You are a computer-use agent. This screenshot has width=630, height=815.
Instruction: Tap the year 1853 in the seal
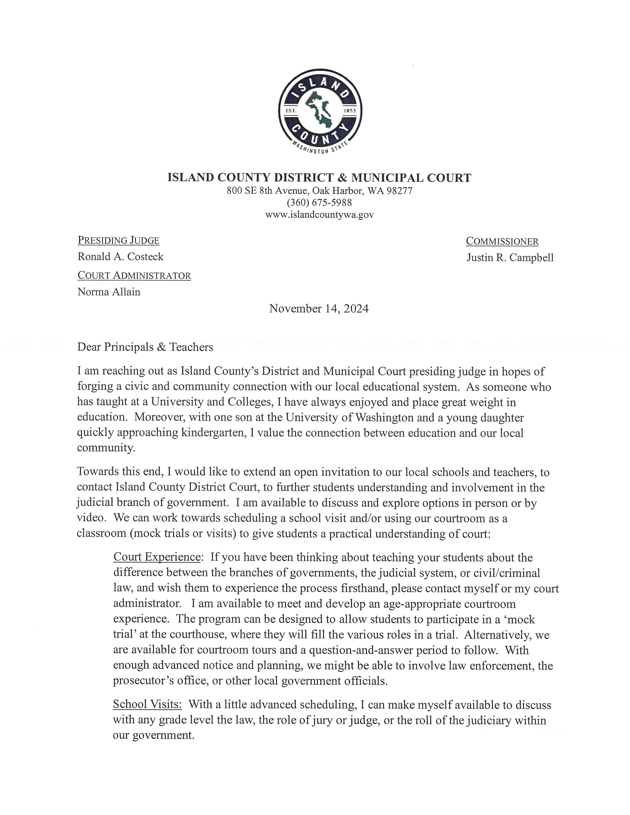[x=349, y=111]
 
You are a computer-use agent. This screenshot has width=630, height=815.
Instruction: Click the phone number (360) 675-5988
[x=319, y=202]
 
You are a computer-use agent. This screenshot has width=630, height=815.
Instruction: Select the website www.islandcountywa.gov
[x=319, y=215]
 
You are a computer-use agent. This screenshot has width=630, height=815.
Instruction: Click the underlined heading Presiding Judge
[x=118, y=240]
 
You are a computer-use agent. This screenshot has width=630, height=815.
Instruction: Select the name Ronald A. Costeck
[x=120, y=257]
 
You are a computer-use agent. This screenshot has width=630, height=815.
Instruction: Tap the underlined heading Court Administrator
[x=134, y=276]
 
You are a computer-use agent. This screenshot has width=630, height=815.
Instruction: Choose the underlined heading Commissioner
[x=502, y=241]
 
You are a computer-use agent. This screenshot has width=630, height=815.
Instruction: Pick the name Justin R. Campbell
[x=510, y=257]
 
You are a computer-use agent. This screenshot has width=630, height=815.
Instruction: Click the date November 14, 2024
[x=319, y=309]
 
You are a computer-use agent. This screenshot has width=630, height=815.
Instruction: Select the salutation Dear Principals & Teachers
[x=145, y=347]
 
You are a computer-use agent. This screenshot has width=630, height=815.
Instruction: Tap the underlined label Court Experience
[x=157, y=557]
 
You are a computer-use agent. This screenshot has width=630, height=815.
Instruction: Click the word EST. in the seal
[x=290, y=111]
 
